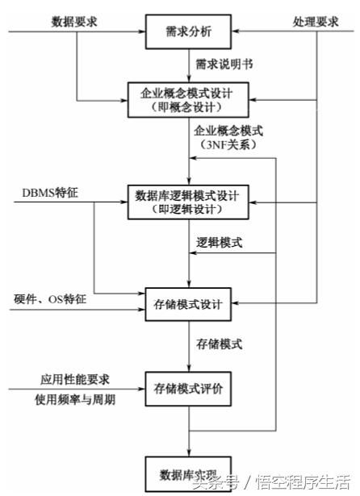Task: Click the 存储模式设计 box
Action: pos(187,306)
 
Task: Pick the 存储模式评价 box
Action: pos(187,390)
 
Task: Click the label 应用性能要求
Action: pos(69,378)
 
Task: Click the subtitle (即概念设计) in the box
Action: pos(187,105)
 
